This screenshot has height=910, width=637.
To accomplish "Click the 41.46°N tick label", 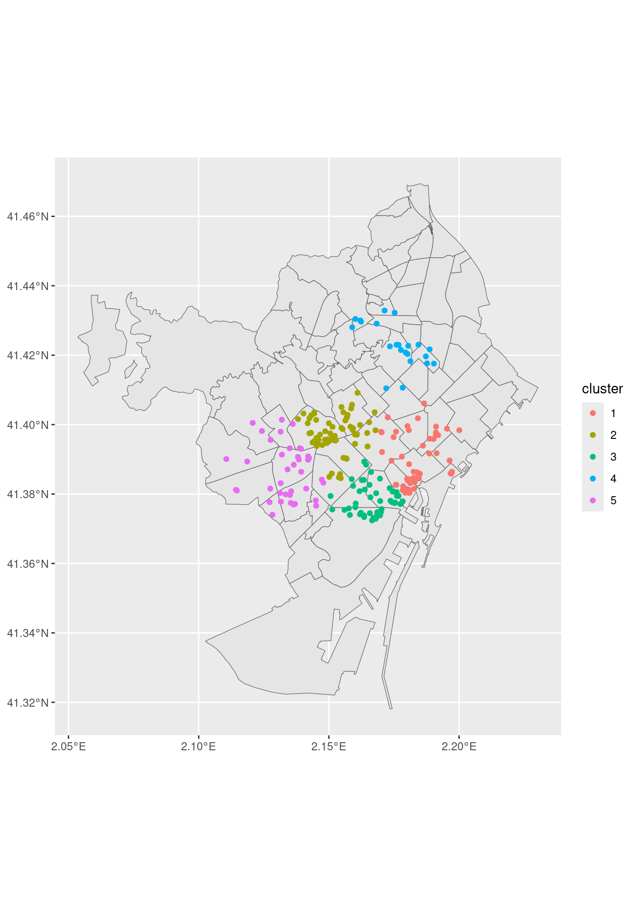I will point(27,217).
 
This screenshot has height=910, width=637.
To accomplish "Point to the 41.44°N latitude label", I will point(27,286).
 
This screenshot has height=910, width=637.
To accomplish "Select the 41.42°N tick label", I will point(27,355).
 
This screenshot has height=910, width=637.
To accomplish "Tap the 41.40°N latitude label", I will point(27,425).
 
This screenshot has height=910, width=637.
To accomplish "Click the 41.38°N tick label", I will point(27,494).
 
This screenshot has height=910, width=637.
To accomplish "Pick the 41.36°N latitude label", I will point(27,564).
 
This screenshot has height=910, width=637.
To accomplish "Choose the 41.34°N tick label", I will point(27,633).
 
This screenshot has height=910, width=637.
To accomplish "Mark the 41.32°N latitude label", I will point(27,702).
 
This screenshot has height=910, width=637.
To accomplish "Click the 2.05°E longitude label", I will point(69,747).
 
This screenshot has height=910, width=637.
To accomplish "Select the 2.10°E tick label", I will point(199,747).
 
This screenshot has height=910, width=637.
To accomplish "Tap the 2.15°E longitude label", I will point(329,747).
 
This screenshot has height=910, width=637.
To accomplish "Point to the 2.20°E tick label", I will point(459,747).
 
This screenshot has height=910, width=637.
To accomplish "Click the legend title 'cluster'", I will point(602,389).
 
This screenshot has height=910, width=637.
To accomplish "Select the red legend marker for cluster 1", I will point(593,413).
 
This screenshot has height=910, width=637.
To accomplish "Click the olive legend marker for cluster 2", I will point(593,435).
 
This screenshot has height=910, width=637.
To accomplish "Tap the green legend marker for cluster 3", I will point(593,457).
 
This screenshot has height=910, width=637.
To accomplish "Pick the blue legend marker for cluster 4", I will point(593,479).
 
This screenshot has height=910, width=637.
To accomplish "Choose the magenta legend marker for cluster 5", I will point(593,500).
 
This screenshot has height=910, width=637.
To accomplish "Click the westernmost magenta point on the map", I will point(226,459).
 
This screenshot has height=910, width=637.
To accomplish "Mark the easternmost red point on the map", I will point(459,430).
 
